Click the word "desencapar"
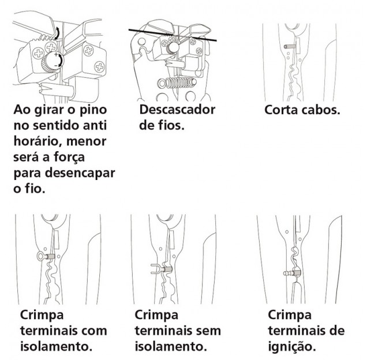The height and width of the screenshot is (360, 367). click(80, 173)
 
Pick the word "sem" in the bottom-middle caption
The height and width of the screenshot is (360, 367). click(208, 331)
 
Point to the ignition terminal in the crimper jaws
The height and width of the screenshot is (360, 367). click(291, 273)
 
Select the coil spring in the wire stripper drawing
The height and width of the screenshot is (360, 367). click(177, 82)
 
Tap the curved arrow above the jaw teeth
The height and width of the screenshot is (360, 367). click(57, 33)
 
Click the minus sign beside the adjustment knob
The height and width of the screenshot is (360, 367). click(56, 66)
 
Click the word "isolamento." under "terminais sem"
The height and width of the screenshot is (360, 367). click(171, 347)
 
